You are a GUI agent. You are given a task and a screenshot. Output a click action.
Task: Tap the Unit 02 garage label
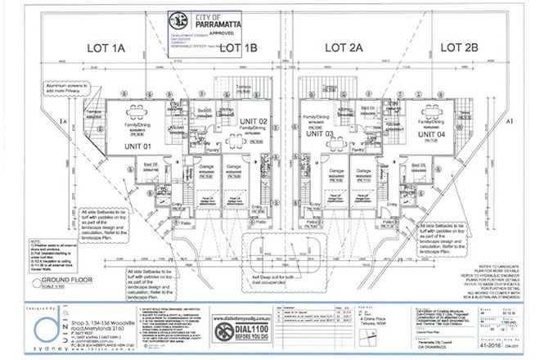(x=230, y=168)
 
